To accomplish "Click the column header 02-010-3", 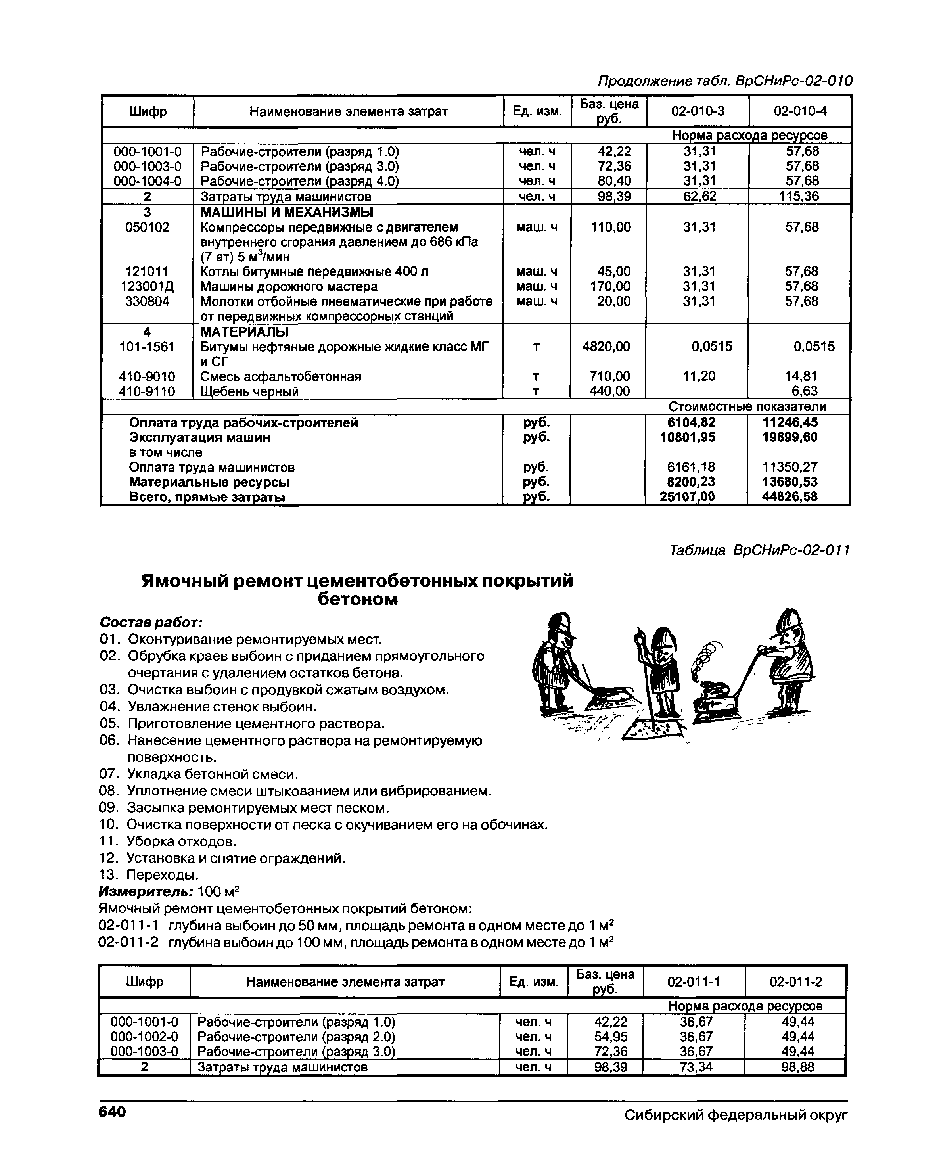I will click(698, 111).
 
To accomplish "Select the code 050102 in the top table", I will click(147, 227).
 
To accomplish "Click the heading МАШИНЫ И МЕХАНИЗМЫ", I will click(287, 212).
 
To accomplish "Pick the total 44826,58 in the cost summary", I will click(790, 497).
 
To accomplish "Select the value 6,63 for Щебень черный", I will click(805, 391).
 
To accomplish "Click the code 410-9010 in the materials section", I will click(147, 376).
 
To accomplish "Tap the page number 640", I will click(112, 1112).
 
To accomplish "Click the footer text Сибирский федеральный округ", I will click(736, 1115).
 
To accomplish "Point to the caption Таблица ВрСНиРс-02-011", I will click(759, 550).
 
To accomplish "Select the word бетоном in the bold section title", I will click(357, 600).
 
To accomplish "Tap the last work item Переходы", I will click(163, 875).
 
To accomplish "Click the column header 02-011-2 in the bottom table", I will click(795, 982).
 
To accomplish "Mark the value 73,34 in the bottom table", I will click(696, 1068).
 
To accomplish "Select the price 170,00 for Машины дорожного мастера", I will click(610, 287).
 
